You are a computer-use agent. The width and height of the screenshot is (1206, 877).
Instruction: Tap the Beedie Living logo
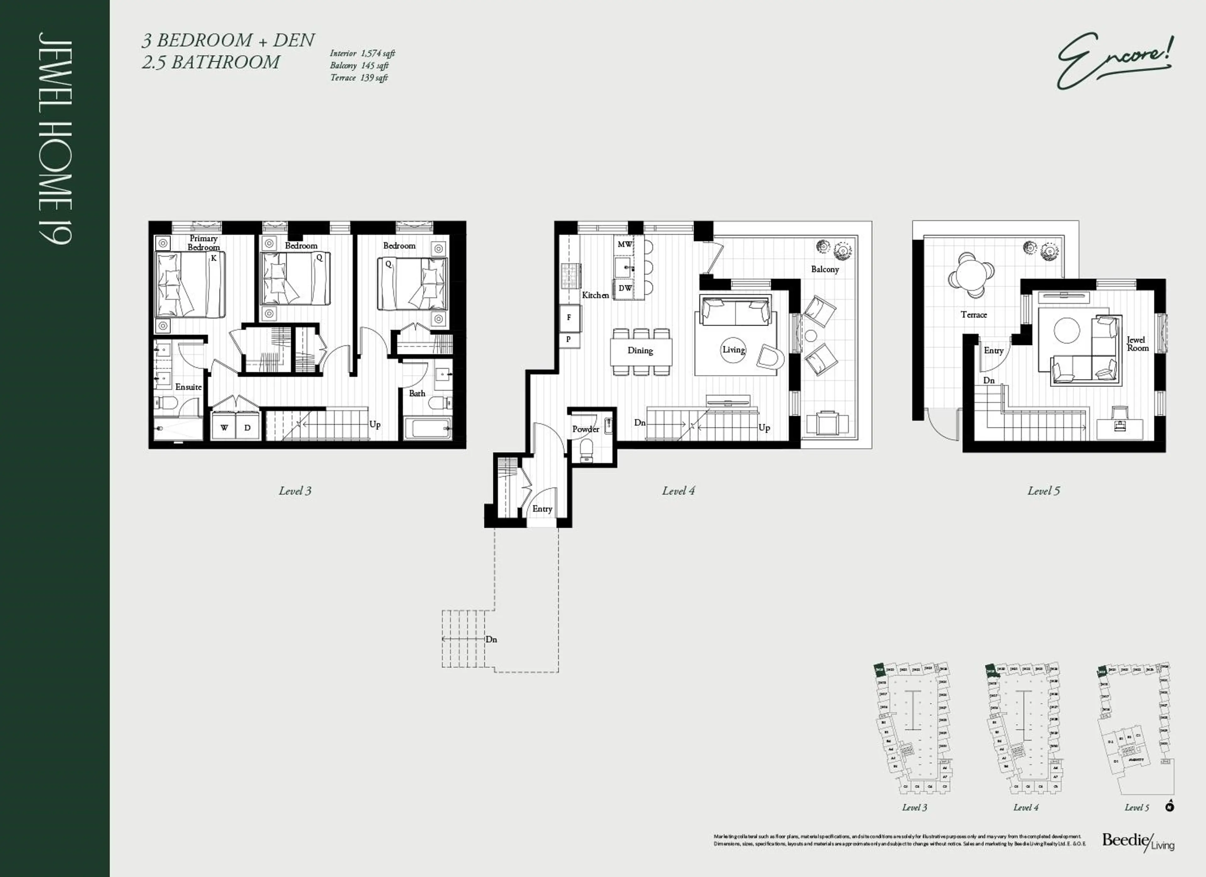pos(1138,842)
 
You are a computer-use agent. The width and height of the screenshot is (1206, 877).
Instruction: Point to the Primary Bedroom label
pos(203,243)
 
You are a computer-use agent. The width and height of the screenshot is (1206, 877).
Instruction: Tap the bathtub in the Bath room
pos(427,428)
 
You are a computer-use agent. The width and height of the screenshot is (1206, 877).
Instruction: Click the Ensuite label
pos(188,387)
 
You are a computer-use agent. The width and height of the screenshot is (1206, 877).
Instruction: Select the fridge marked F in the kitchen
pos(569,318)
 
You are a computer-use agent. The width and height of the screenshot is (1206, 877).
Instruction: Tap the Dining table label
pos(640,351)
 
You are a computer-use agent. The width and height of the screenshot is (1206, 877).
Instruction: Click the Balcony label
pos(825,269)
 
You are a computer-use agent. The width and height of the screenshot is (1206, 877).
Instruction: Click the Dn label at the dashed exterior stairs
pos(491,639)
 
